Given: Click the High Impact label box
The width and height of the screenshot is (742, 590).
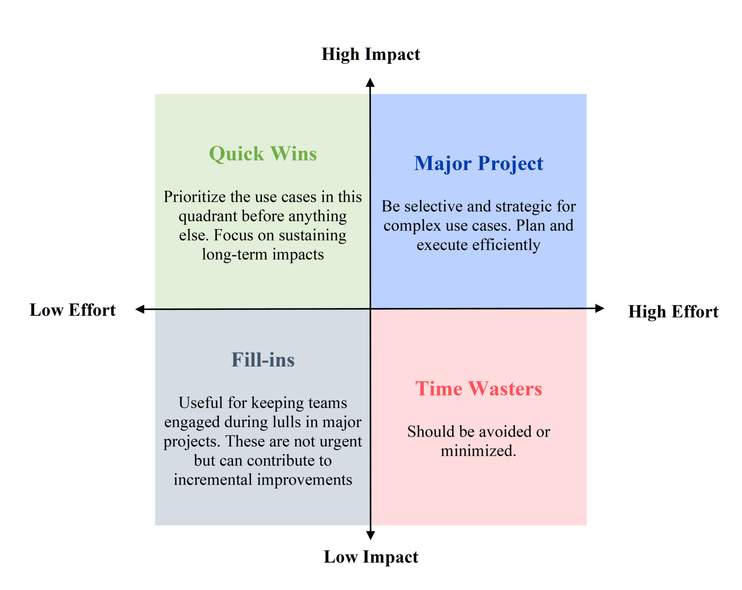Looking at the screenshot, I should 371,53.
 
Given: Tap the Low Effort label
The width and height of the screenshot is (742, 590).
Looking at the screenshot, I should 73,309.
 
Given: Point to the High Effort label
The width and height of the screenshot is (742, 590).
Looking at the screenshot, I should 673,311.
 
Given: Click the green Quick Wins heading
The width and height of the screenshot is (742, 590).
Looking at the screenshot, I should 263,154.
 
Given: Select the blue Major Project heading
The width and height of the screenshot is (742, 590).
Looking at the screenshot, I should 479,163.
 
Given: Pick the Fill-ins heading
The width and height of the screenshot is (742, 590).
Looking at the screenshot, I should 263,360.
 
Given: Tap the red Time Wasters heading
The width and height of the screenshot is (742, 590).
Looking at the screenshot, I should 479,388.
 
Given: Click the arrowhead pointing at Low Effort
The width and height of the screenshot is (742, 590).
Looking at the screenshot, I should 140,309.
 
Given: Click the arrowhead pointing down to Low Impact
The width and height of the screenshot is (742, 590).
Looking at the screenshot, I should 371,535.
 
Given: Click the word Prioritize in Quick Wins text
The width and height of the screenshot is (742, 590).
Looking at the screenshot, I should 194,197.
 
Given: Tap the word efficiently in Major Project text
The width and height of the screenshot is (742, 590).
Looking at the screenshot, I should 506,245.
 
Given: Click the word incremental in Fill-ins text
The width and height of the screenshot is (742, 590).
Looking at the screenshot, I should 212,480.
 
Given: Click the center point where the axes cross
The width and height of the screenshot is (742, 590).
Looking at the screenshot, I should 371,309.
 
